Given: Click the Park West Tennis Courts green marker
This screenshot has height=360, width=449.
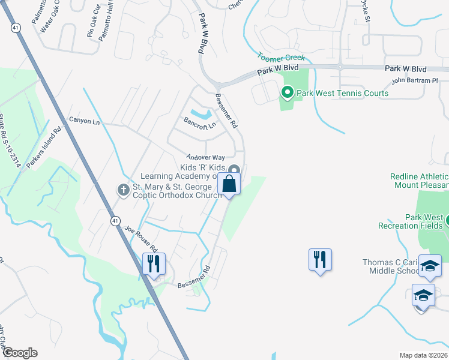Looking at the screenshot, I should pos(287,92).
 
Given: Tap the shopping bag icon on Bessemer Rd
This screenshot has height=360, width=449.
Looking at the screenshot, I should pos(230,184).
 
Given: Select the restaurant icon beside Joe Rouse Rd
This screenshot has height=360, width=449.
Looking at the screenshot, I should pos(153,263).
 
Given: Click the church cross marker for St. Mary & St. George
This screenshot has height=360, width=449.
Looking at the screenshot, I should pos(123,190).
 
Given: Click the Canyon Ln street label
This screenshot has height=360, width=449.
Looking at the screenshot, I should pos(84,121).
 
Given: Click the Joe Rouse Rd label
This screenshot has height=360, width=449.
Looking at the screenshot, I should pos(141,238).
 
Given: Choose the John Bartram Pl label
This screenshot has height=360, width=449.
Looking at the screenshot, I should pos(411,80).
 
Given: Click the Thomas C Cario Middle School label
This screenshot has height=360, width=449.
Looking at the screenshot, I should pos(391,266).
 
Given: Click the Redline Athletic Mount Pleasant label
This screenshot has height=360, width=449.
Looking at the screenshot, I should pos(420,181).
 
